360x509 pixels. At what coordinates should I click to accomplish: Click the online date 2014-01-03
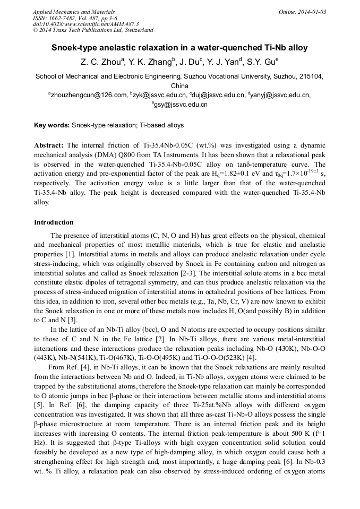311,12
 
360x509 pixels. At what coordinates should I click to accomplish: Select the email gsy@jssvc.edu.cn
181,105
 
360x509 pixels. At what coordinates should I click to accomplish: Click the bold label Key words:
52,125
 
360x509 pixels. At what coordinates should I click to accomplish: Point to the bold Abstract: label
49,145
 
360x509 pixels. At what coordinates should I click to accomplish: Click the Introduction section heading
54,222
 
